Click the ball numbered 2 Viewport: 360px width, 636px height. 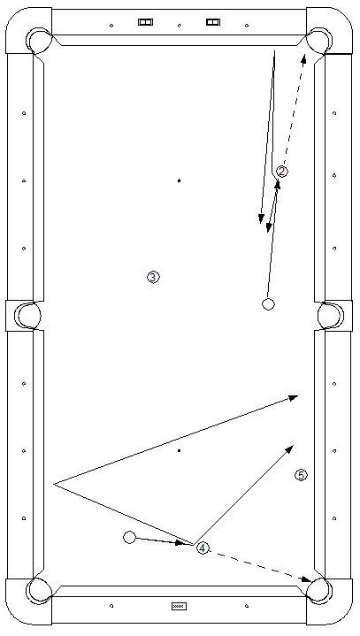coord(282,172)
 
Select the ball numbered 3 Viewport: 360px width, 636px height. coord(153,278)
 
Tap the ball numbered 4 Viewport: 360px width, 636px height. coord(203,548)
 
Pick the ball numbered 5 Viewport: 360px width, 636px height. coord(301,475)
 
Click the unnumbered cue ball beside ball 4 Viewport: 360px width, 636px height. coord(129,538)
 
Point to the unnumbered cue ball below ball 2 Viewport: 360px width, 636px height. coord(268,303)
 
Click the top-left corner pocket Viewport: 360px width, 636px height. coord(39,40)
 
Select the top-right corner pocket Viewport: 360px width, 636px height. coord(319,40)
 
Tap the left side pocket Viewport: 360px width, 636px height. coord(27,316)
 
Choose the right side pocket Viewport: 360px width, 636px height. coord(331,316)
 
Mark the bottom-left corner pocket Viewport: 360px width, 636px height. coord(39,591)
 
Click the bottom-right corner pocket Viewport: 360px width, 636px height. coord(319,591)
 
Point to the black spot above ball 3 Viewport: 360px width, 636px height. coord(179,180)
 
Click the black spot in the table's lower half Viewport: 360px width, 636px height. coord(179,450)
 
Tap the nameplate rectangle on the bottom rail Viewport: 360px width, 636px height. coord(179,607)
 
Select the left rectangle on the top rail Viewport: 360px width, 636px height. coord(145,22)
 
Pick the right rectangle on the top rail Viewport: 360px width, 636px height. coord(213,22)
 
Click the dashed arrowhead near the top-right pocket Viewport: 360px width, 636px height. coord(303,58)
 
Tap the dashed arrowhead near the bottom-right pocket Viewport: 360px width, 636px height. coord(306,579)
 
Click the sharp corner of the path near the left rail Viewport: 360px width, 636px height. coord(54,484)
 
